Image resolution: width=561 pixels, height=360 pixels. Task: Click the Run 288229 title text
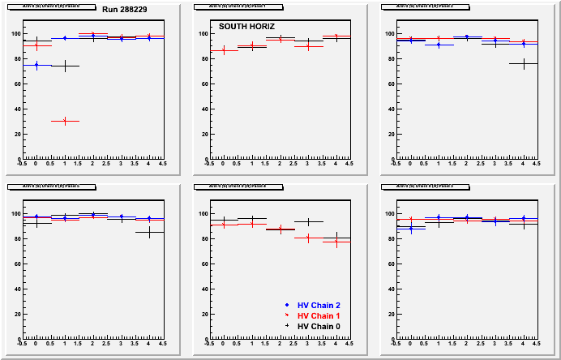[126, 9]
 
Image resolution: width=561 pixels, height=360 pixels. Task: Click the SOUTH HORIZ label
[247, 27]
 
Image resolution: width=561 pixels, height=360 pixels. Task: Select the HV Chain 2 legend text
[319, 305]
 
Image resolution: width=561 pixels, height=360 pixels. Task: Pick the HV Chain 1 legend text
[319, 315]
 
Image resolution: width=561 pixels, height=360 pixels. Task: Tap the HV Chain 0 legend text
[319, 326]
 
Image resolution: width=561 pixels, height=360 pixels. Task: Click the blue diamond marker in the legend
[288, 305]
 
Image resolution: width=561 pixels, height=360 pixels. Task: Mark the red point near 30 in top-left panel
[65, 121]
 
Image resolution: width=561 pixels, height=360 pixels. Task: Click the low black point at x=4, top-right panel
[523, 63]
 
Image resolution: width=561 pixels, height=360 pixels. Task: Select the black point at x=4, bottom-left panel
[149, 233]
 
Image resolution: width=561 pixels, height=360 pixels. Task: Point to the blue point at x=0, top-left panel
[36, 65]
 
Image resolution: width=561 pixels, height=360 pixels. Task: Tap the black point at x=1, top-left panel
[65, 66]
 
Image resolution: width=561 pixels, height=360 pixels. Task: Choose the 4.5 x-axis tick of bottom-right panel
[536, 343]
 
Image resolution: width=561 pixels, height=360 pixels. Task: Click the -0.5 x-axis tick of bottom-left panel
[22, 343]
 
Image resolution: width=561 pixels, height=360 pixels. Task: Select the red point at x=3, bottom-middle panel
[308, 238]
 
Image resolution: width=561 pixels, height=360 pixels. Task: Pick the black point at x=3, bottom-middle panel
[308, 221]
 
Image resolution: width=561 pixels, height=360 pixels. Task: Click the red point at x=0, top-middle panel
[224, 50]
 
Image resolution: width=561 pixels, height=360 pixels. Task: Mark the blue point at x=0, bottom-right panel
[410, 228]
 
